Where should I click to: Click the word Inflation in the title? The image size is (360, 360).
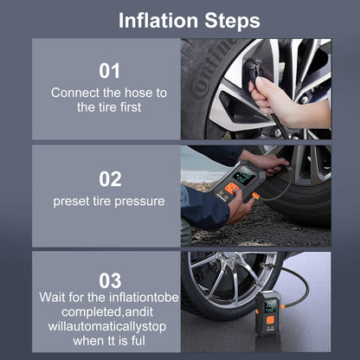[x=158, y=21]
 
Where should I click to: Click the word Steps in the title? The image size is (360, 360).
[x=232, y=21]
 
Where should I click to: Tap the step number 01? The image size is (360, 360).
[x=109, y=71]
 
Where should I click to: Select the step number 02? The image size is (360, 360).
[x=110, y=179]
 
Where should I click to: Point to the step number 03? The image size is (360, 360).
[x=110, y=280]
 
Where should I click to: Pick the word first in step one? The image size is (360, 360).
[x=131, y=107]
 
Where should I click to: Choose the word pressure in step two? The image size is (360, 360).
[x=139, y=202]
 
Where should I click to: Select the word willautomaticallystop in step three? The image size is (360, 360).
[x=107, y=326]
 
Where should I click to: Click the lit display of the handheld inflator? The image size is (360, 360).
[x=244, y=176]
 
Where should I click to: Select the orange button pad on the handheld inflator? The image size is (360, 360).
[x=231, y=188]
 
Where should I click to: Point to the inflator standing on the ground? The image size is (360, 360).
[x=268, y=313]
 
